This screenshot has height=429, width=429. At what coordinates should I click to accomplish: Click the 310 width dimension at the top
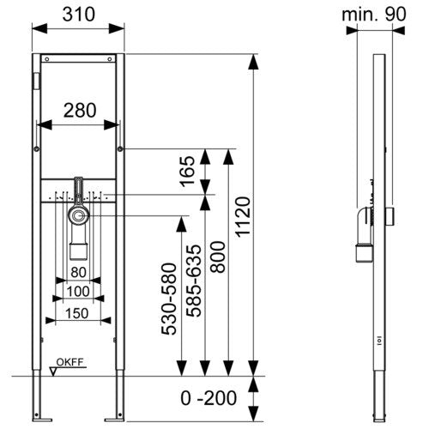click(x=79, y=15)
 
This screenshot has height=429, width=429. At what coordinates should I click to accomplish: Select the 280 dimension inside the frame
click(x=80, y=111)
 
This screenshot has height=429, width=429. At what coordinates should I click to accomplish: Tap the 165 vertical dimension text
click(x=187, y=172)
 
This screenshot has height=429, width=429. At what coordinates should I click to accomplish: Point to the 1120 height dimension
click(x=243, y=217)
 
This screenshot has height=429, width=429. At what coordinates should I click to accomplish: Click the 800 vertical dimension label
click(x=218, y=257)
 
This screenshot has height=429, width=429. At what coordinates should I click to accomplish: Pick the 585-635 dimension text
click(x=194, y=281)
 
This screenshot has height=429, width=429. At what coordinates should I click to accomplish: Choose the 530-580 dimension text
click(x=169, y=299)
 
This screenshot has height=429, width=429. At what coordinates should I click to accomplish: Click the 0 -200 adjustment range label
click(x=208, y=398)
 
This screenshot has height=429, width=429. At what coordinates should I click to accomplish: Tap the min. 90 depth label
click(x=374, y=14)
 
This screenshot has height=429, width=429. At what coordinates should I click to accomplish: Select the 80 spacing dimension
click(x=78, y=272)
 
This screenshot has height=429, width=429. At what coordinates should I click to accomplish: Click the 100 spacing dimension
click(x=78, y=292)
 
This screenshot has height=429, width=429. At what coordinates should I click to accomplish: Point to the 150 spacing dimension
click(x=77, y=313)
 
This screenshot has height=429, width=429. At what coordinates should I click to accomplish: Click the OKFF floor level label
click(x=69, y=362)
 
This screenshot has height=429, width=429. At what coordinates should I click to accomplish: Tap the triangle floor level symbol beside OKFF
click(x=53, y=372)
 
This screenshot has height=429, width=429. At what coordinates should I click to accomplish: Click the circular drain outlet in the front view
click(x=78, y=215)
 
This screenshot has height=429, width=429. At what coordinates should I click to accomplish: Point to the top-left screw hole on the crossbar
click(x=47, y=59)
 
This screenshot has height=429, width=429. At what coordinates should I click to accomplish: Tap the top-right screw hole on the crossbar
click(x=110, y=59)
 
